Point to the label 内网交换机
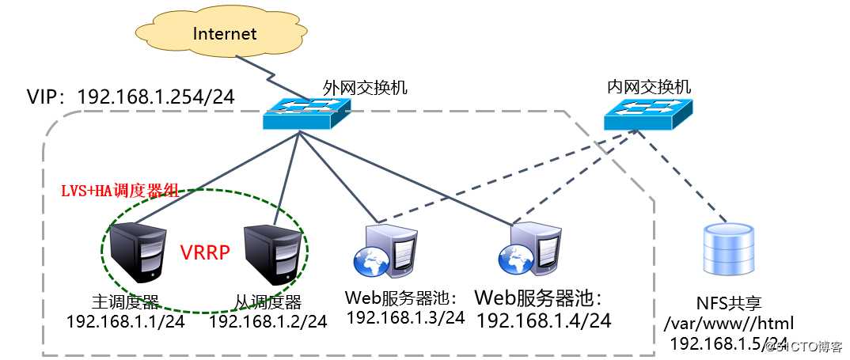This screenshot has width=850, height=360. click(x=649, y=87)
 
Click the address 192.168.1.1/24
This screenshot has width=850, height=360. click(x=125, y=321)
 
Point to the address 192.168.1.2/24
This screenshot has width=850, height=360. click(x=268, y=321)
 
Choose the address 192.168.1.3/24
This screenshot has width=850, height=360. click(x=405, y=317)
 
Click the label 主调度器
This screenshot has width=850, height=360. click(x=125, y=301)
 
